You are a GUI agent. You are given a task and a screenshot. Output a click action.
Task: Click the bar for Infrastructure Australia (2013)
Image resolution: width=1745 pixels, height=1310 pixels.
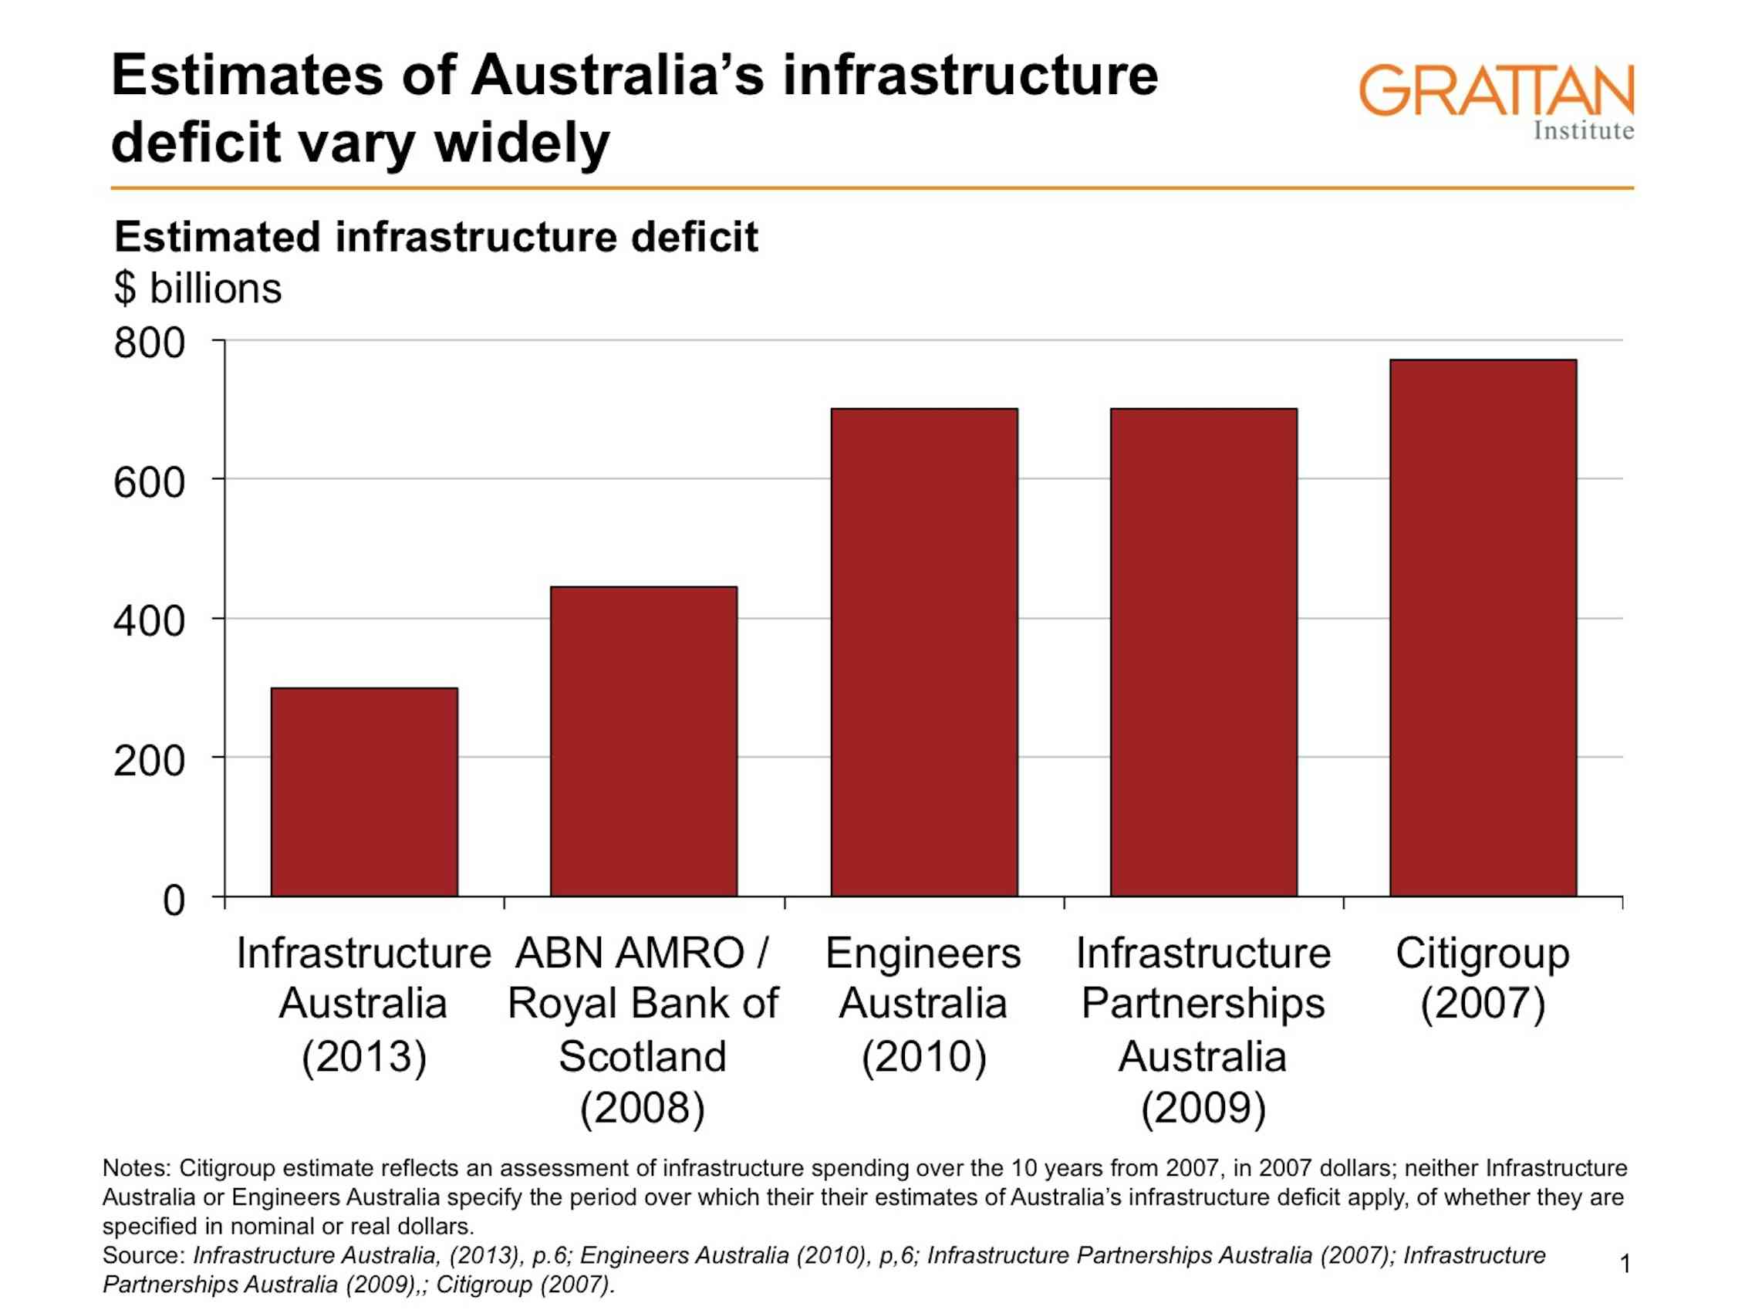pos(363,792)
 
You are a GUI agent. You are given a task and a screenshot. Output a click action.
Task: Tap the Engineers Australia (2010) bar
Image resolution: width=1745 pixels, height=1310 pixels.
pos(923,652)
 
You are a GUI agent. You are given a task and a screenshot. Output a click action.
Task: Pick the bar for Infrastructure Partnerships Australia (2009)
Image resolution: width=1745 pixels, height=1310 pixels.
pos(1203,652)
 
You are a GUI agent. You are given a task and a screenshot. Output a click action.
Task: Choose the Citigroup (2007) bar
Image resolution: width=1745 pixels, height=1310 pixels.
pos(1483,627)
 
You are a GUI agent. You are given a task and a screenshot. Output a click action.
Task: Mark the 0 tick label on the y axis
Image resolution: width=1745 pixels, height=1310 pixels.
pos(174,900)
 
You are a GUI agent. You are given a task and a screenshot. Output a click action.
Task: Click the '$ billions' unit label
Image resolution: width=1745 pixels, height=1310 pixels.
pos(197,288)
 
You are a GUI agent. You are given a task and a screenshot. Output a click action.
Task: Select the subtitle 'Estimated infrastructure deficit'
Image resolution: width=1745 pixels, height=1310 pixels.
pos(435,237)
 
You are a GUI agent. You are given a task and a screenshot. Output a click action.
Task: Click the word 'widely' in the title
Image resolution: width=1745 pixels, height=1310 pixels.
pos(522,143)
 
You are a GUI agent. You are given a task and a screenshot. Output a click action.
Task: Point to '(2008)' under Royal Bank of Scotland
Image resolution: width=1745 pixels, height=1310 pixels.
pos(642,1107)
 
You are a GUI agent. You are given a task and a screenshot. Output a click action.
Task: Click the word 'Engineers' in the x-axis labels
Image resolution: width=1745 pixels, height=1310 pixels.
pos(923,954)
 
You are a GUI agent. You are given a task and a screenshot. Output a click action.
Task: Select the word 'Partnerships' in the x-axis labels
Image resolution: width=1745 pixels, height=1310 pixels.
pos(1203,1004)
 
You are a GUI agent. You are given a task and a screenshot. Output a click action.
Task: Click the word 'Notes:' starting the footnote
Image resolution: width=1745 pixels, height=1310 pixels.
pos(136,1167)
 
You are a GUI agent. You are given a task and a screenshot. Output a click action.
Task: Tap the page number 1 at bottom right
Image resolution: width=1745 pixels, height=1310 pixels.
pos(1625,1264)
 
